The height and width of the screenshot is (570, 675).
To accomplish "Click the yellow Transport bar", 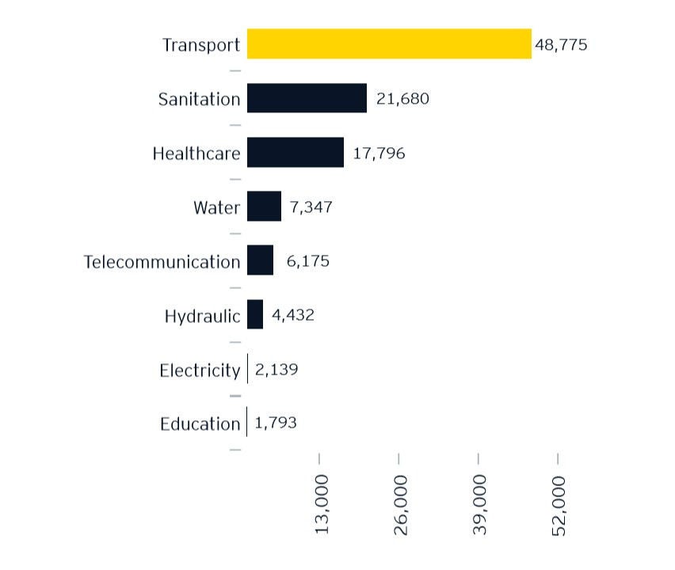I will pos(388,44).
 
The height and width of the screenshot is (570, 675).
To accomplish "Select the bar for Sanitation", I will pos(307,98).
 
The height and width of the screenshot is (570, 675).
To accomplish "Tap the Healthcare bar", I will pos(295,152).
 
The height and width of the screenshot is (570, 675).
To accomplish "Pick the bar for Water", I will pos(264,207).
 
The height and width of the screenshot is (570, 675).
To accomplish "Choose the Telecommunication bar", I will pos(260,260).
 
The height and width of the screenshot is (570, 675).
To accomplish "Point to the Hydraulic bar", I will pos(254,314).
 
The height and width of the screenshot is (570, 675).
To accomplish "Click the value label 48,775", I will pos(561,45).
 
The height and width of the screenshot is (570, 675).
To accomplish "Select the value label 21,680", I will pos(402,99).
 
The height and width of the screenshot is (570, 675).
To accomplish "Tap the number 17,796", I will pos(379,154).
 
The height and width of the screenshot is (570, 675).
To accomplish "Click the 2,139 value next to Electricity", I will pos(276,370).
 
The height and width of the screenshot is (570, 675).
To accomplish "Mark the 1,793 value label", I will pos(276,424).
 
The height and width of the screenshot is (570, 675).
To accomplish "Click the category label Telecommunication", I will pos(162,261).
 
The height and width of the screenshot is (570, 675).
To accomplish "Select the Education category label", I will pos(200,424).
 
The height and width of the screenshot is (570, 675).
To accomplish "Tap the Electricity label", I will pos(199,370).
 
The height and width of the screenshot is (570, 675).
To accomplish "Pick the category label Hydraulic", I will pos(202,316).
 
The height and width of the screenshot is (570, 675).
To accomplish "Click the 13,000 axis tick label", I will pos(322,505).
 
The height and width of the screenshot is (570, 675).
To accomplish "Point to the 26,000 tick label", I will pos(401,505).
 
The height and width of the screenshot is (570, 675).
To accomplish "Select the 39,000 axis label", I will pos(480,505).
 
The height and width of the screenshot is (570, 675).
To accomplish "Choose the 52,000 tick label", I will pos(560,505).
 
